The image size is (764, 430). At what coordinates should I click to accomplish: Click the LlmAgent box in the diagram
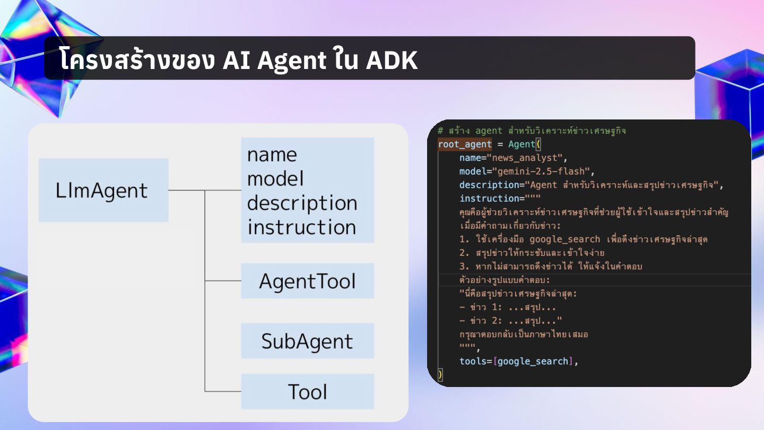point(103,190)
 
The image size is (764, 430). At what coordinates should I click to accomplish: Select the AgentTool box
point(307,281)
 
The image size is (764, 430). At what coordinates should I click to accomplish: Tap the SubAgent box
point(307,341)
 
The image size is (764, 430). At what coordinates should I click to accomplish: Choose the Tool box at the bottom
point(307,391)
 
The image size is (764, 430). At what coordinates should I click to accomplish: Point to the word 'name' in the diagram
point(272,155)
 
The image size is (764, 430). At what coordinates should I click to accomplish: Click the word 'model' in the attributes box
point(275,179)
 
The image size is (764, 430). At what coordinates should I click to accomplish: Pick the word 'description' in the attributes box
point(302,203)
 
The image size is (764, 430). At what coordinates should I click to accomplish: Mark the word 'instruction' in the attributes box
point(301,227)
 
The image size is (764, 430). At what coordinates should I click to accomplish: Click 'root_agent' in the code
point(465,144)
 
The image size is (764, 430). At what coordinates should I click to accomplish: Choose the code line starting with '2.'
point(532,253)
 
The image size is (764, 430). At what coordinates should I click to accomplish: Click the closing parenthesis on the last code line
point(440,375)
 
